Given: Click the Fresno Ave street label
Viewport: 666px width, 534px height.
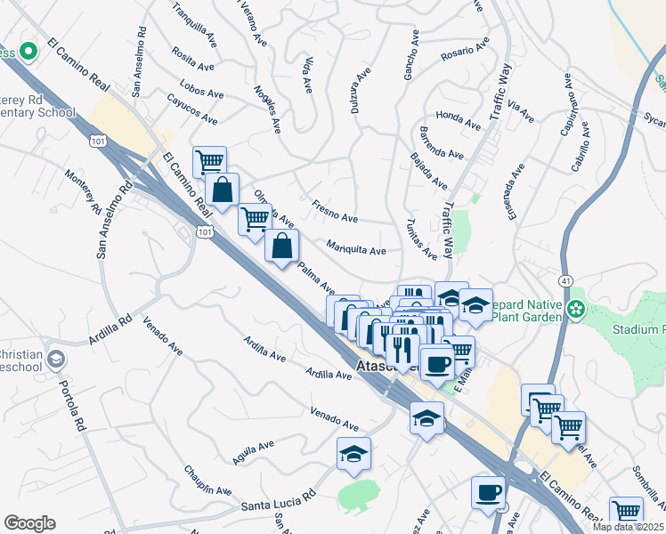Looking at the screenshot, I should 334,212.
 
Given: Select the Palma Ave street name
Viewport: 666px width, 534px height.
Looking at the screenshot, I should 315,278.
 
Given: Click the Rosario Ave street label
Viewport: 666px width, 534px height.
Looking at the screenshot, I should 465,51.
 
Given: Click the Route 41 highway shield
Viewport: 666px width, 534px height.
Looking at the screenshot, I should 565,281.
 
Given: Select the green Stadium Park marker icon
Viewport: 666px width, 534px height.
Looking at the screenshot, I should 577,309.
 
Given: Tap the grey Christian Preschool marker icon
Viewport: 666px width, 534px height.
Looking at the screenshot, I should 55,360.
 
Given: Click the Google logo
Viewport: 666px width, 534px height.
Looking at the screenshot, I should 29,522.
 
